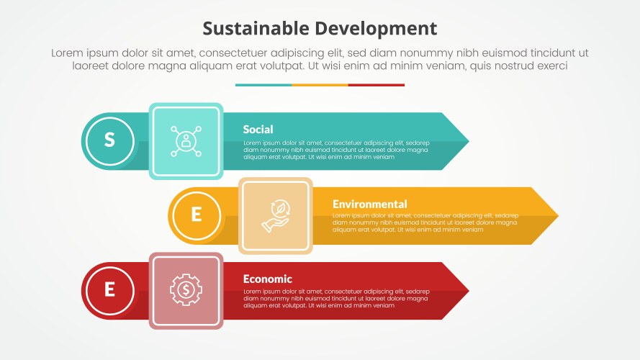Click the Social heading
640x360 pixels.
(258, 130)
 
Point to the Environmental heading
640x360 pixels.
(369, 204)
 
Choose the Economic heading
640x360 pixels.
(267, 279)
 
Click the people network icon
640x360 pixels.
(186, 141)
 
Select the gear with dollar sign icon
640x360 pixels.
(186, 290)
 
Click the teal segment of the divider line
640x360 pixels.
(263, 85)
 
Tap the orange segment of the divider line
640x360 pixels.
(320, 85)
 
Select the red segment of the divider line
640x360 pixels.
(377, 85)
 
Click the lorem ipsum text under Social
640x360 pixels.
(336, 150)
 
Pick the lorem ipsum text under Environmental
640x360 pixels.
(425, 222)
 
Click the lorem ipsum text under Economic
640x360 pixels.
(336, 298)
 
